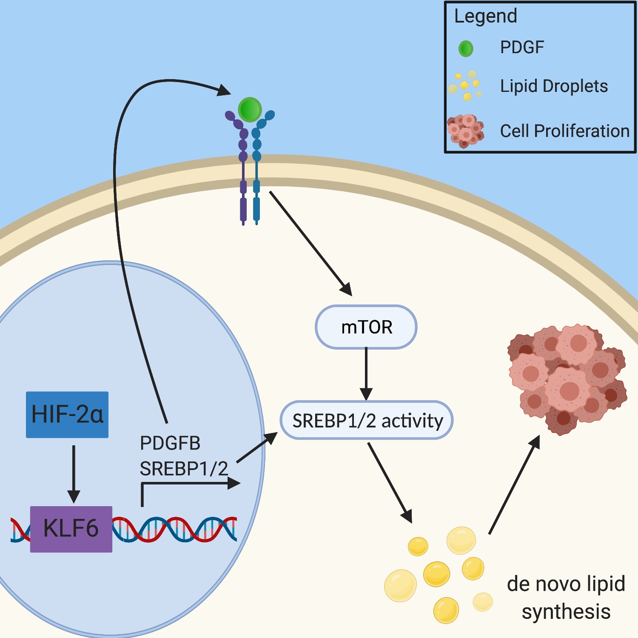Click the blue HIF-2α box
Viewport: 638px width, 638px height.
click(x=67, y=414)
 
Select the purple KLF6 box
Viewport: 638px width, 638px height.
click(x=71, y=529)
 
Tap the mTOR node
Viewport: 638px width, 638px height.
click(x=366, y=327)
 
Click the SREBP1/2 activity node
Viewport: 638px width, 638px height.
click(x=367, y=420)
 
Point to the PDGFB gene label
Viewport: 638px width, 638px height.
click(x=170, y=443)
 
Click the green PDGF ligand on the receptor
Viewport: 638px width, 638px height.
click(x=250, y=110)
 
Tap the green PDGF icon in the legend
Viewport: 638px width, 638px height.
click(x=466, y=49)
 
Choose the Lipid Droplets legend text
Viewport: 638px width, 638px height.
click(x=554, y=86)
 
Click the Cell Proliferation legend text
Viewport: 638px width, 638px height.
click(x=564, y=131)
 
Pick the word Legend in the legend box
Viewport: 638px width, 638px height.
click(x=486, y=16)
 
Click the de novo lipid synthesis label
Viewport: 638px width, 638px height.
click(x=566, y=598)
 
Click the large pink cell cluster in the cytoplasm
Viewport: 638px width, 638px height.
click(x=568, y=379)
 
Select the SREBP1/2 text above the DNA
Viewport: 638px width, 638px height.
click(x=184, y=469)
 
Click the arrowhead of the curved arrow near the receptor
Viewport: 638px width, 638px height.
click(x=224, y=90)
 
